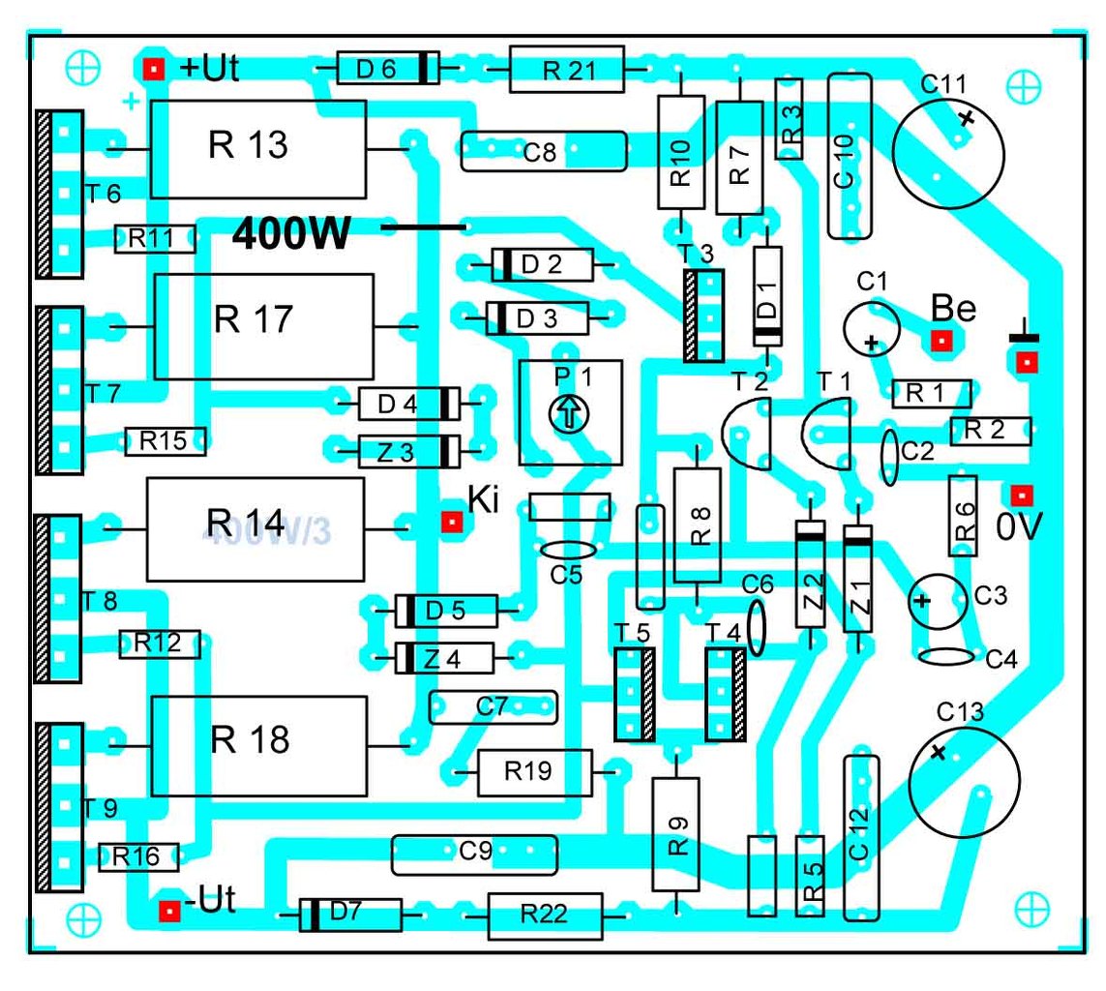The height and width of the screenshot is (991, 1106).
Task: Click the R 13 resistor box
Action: (x=257, y=148)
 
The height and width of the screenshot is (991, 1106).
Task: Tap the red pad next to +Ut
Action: (x=152, y=68)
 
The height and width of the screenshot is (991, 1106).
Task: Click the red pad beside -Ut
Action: (x=169, y=910)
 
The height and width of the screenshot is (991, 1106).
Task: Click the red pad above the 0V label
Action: (x=1020, y=495)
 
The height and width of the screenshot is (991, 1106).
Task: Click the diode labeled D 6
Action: (x=385, y=68)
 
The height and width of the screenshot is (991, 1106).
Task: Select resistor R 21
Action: (x=566, y=69)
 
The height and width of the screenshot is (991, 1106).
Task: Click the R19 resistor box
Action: (x=534, y=771)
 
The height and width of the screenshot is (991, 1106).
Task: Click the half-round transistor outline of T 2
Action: (x=745, y=433)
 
